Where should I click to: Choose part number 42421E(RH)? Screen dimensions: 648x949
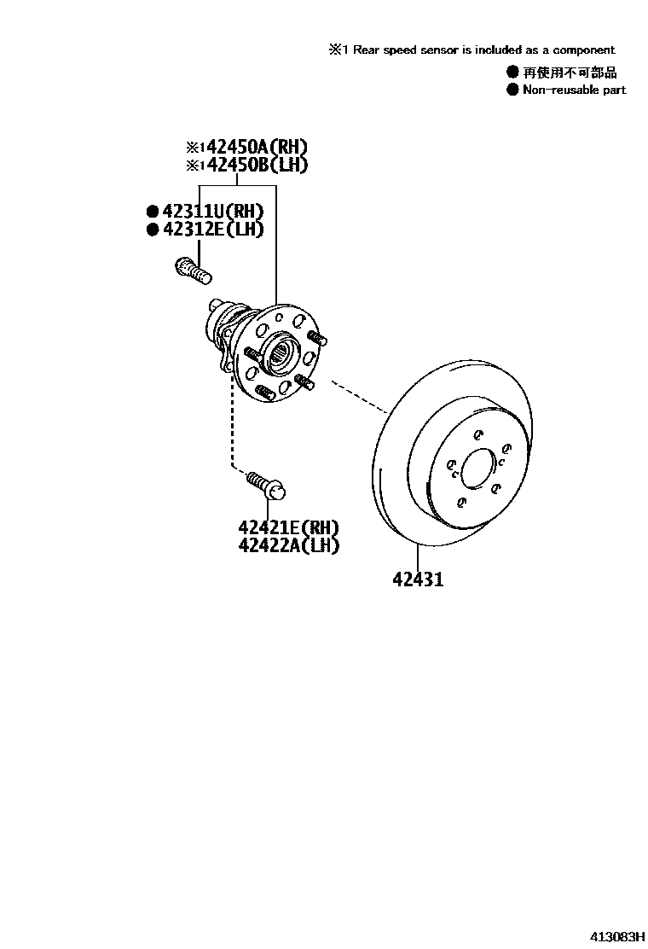pyautogui.click(x=288, y=527)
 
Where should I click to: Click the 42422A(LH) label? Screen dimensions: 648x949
pyautogui.click(x=288, y=545)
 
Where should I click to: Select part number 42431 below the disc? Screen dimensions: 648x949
pyautogui.click(x=418, y=579)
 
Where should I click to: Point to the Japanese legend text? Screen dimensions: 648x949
pyautogui.click(x=570, y=73)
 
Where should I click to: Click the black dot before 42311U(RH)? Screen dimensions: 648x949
pyautogui.click(x=153, y=212)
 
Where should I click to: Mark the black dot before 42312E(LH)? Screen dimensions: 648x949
pyautogui.click(x=153, y=229)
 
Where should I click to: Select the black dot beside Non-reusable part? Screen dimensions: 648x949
pyautogui.click(x=512, y=90)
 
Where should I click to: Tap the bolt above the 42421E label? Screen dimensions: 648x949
pyautogui.click(x=267, y=484)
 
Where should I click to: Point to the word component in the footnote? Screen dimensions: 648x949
pyautogui.click(x=584, y=50)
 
